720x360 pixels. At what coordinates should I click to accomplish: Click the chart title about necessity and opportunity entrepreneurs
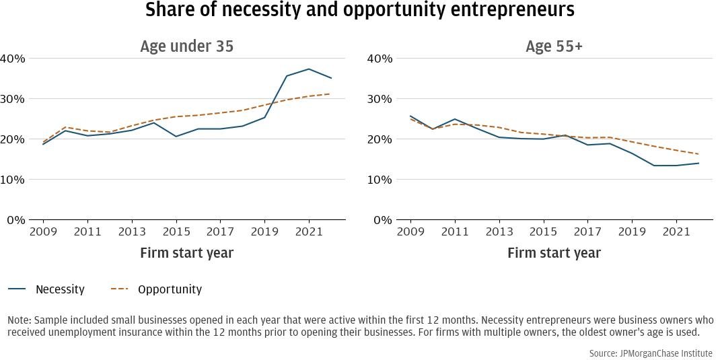pyautogui.click(x=360, y=10)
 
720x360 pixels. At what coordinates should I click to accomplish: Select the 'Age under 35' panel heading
pyautogui.click(x=186, y=46)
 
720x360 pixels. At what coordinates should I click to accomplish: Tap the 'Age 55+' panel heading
pyautogui.click(x=554, y=46)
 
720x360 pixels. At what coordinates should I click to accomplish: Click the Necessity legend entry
pyautogui.click(x=60, y=289)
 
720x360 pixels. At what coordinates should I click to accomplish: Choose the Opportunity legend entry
pyautogui.click(x=170, y=289)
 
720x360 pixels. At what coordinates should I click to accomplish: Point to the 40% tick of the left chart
pyautogui.click(x=13, y=59)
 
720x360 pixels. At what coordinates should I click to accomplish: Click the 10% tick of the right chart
pyautogui.click(x=380, y=180)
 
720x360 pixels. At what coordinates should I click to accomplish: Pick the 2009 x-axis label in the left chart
pyautogui.click(x=44, y=231)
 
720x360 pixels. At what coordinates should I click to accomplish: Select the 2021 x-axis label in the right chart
pyautogui.click(x=676, y=231)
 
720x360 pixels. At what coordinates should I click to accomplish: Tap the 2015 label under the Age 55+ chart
pyautogui.click(x=544, y=231)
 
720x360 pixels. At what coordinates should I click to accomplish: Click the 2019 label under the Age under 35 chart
pyautogui.click(x=264, y=231)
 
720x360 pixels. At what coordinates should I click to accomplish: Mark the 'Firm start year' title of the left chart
pyautogui.click(x=186, y=253)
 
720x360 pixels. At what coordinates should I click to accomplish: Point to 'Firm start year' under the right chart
pyautogui.click(x=554, y=253)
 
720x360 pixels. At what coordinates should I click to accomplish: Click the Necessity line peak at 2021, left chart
pyautogui.click(x=309, y=69)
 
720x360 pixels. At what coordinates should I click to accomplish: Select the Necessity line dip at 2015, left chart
pyautogui.click(x=176, y=137)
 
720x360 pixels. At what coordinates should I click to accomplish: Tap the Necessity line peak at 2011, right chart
pyautogui.click(x=455, y=119)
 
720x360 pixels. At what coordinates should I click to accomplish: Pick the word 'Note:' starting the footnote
pyautogui.click(x=20, y=320)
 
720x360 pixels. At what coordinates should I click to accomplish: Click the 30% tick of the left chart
pyautogui.click(x=13, y=99)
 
